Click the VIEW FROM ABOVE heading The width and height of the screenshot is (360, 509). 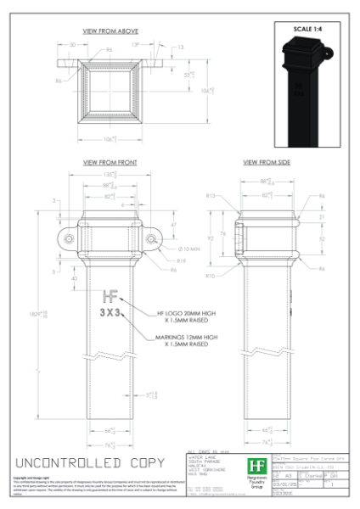tap(110, 31)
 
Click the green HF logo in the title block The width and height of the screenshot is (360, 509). tap(255, 466)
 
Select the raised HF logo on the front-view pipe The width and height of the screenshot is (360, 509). tap(110, 296)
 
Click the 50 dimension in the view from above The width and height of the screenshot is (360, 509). tap(72, 44)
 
